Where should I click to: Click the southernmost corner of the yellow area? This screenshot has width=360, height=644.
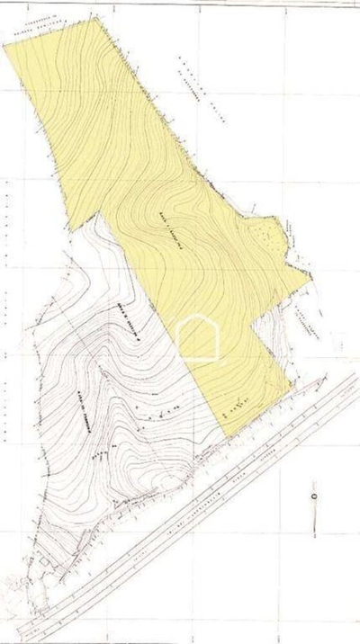click(x=228, y=437)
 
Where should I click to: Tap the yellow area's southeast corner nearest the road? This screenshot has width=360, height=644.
click(x=291, y=389)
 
